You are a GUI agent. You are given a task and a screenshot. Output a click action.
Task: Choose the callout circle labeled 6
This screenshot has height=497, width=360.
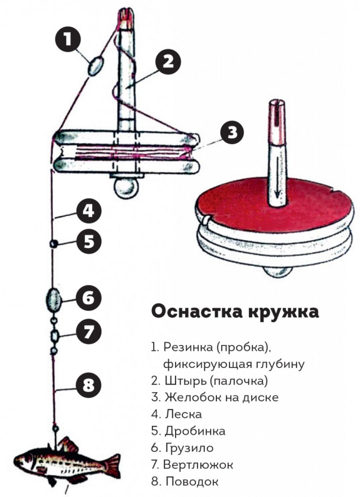click(x=89, y=298)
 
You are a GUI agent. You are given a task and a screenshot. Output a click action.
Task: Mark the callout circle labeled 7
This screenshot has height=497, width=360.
click(x=89, y=331)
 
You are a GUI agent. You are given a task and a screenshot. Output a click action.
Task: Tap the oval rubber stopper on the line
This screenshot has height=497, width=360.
click(x=96, y=66)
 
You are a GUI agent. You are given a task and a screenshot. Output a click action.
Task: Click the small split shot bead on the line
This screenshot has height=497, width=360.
click(x=53, y=243)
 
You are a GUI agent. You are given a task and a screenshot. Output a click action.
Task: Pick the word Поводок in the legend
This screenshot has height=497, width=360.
click(x=192, y=481)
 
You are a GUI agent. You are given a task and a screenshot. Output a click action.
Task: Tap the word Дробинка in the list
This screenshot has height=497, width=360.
click(x=195, y=431)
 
